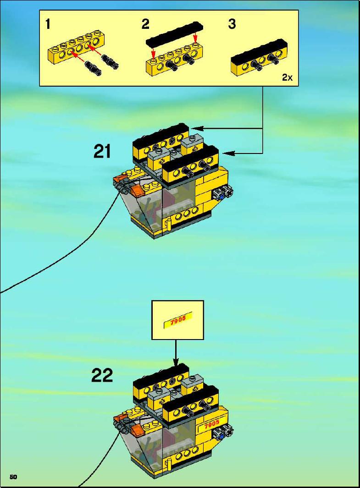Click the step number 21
102,152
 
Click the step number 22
102,375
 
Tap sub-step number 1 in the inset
48,24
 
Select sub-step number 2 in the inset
145,24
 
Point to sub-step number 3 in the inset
232,24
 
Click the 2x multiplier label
288,77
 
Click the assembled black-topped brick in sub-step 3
259,59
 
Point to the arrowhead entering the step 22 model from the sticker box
176,362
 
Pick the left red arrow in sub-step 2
153,52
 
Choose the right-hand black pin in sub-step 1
109,61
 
